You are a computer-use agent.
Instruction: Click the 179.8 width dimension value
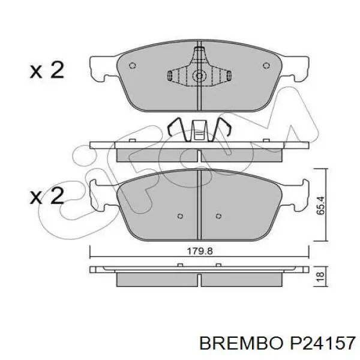pos(200,251)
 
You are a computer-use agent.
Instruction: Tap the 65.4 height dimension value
pos(320,205)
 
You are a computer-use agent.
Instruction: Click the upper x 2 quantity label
pos(47,70)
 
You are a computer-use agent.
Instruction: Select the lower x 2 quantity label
pos(47,196)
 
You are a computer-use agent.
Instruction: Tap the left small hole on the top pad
pos(133,65)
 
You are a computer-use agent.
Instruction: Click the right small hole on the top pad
pos(266,65)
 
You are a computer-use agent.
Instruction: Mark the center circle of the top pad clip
pos(199,76)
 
